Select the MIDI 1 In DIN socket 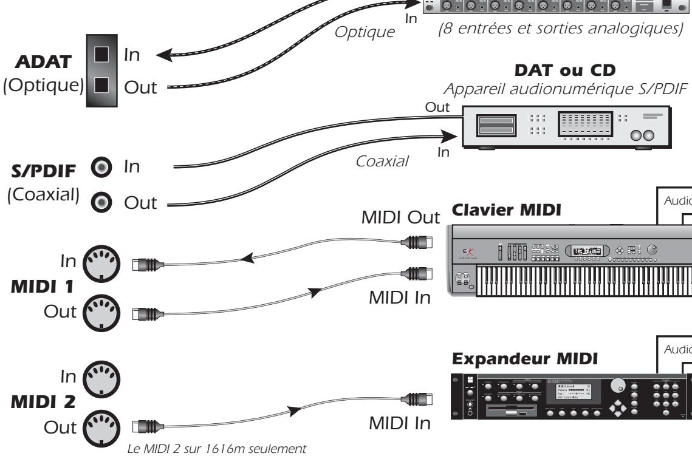(x=102, y=263)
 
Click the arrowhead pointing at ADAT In (x=164, y=58)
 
